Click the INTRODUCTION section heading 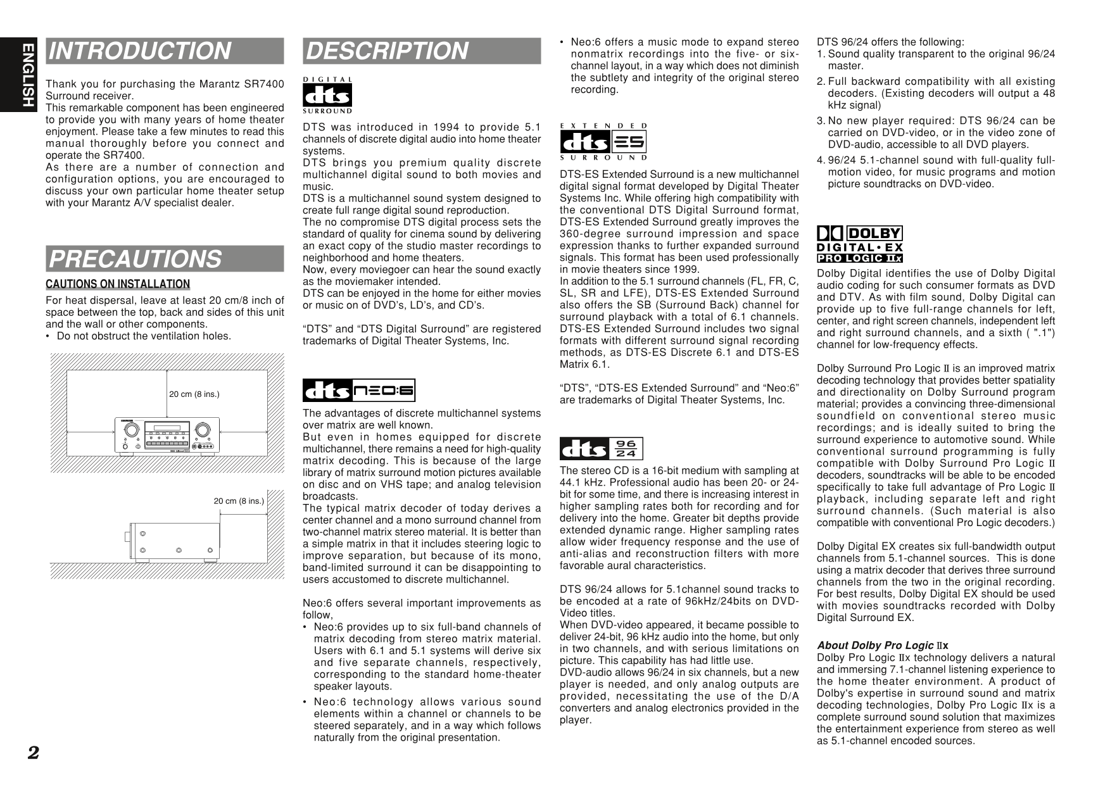point(139,51)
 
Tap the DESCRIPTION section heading point(386,51)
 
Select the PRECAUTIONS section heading point(136,259)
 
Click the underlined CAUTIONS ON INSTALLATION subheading point(118,284)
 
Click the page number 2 point(33,752)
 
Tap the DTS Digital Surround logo point(327,96)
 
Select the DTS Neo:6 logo point(359,391)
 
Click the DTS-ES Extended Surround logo point(603,141)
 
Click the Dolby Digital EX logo point(860,239)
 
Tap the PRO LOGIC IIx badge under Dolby point(859,258)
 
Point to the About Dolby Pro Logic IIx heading point(882,646)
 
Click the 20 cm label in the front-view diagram point(194,394)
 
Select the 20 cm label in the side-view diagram point(239,501)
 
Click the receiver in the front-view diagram point(167,436)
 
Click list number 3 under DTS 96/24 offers point(821,121)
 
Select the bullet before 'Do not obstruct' point(48,336)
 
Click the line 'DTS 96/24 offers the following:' point(890,42)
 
